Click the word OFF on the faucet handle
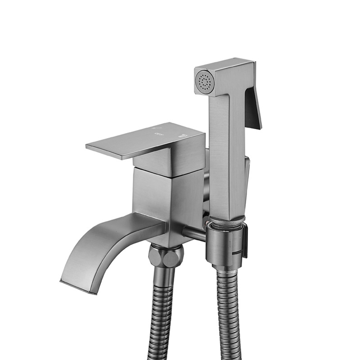point(158,134)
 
